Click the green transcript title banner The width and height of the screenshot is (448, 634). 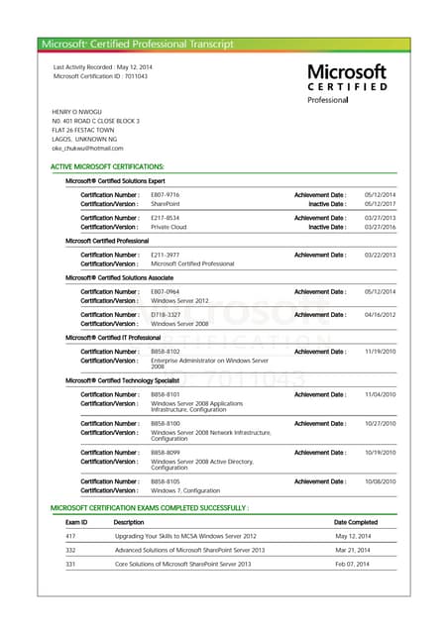tap(223, 44)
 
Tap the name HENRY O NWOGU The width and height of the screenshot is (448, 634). tap(80, 112)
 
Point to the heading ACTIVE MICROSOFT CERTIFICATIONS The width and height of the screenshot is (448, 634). tap(107, 167)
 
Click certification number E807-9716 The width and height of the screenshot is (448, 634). tap(165, 195)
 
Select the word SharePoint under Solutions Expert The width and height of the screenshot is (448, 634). tap(166, 204)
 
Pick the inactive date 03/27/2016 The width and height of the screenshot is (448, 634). tap(380, 227)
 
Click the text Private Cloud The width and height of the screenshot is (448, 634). tap(168, 227)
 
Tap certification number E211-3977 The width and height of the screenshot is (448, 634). tap(165, 255)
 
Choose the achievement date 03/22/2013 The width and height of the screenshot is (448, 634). tap(380, 255)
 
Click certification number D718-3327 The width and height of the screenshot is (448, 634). tap(165, 314)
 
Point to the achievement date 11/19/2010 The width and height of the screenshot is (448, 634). tap(380, 352)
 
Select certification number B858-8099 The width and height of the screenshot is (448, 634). tap(165, 452)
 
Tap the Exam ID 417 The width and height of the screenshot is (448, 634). tap(70, 536)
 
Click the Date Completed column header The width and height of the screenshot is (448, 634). tap(356, 522)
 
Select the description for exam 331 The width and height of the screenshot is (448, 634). tap(182, 564)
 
